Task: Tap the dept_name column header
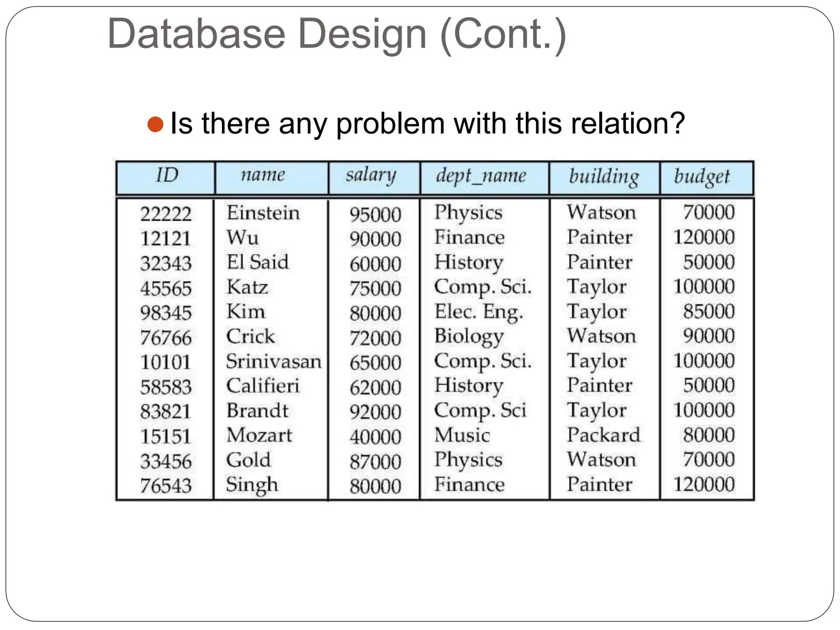pos(481,176)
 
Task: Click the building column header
pos(604,176)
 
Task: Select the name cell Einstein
pos(263,213)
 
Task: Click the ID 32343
pos(166,263)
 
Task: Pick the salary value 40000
pos(375,437)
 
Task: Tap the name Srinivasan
pos(274,362)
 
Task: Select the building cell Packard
pos(603,435)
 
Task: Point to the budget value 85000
pos(708,312)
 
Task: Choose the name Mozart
pos(259,436)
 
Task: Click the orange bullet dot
pos(155,124)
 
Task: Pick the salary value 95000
pos(375,215)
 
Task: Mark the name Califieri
pos(263,386)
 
